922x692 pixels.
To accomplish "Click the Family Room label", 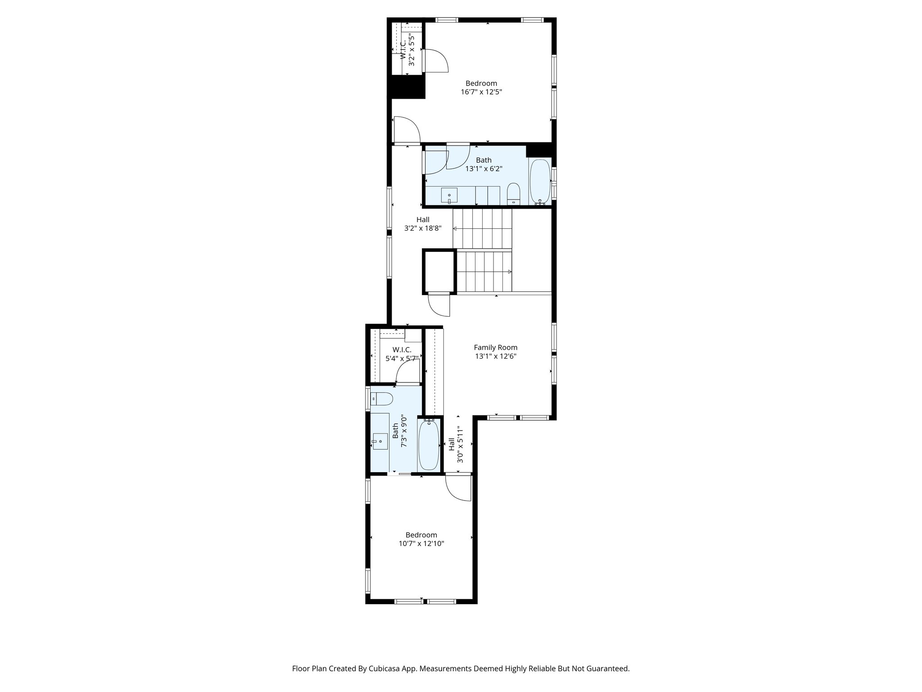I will (x=495, y=347).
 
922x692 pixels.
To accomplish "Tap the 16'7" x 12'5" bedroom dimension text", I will (x=481, y=92).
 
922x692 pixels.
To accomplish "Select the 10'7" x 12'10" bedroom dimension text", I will (x=421, y=543).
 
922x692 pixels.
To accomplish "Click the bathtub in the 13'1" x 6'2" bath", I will (x=539, y=182).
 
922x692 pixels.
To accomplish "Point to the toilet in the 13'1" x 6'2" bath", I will (x=514, y=194).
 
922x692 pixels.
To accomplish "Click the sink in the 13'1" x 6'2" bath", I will (x=449, y=196).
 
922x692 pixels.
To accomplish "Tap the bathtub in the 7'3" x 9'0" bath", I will (x=429, y=445).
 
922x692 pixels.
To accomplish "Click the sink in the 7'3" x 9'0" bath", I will (x=380, y=441).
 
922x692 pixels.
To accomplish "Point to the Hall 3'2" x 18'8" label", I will (x=423, y=224).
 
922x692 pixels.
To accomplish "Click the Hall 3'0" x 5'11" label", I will (x=456, y=445).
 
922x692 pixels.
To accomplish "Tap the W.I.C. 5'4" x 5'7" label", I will (x=402, y=354).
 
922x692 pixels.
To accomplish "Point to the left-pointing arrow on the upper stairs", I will (x=455, y=229).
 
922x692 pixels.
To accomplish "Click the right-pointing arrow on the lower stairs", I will (x=509, y=272).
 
